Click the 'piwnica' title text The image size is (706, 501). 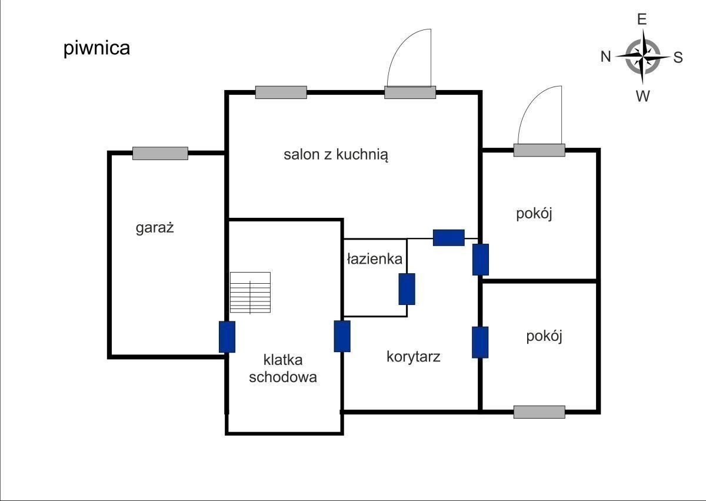tap(96, 48)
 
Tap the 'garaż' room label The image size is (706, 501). tap(155, 228)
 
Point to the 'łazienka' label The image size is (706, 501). tap(374, 258)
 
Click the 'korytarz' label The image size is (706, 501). tap(413, 356)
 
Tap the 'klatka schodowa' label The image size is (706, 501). tap(282, 368)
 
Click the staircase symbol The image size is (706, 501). tap(250, 293)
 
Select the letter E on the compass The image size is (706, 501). tap(642, 19)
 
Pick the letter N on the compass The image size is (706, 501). tap(605, 57)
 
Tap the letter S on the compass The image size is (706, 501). tap(678, 57)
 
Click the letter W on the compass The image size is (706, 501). tap(642, 96)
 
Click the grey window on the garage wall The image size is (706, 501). tap(160, 153)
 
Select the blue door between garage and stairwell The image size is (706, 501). tap(227, 337)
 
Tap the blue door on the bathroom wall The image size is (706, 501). tap(407, 289)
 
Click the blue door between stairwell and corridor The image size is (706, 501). tap(342, 336)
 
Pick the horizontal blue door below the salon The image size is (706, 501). tap(449, 237)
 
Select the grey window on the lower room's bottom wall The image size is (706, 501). tap(539, 412)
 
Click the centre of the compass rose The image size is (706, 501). tap(642, 57)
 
